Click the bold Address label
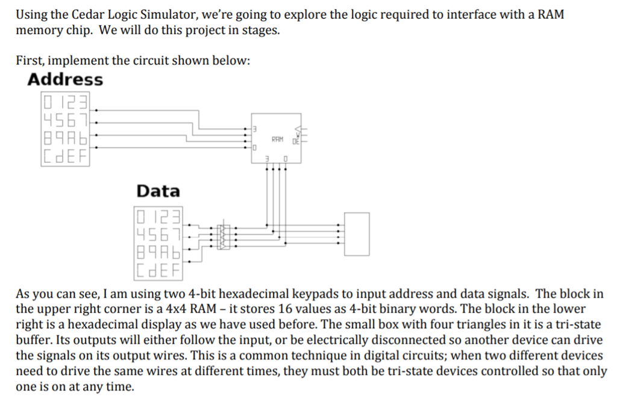tap(65, 80)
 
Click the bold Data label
tap(158, 192)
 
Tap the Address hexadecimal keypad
tap(64, 128)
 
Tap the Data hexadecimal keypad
tap(158, 240)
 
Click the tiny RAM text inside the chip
tap(277, 139)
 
